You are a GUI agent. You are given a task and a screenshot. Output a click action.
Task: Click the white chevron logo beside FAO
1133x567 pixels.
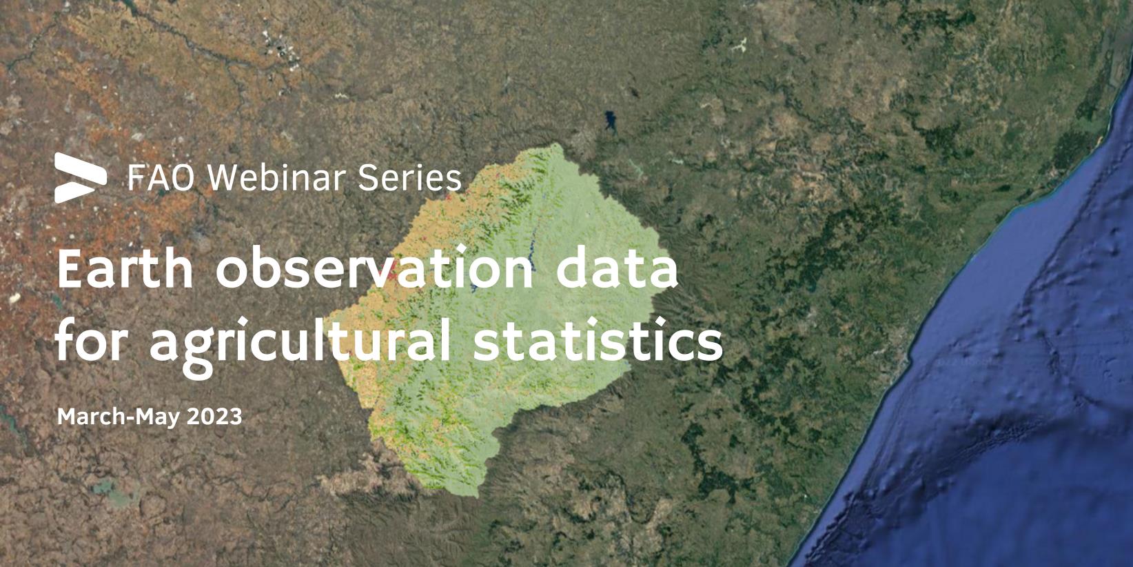(x=81, y=178)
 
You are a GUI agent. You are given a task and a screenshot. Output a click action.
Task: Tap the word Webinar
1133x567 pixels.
(x=277, y=178)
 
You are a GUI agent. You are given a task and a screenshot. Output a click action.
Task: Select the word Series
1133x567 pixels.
(x=409, y=178)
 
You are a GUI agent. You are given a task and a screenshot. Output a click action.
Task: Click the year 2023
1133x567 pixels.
(x=214, y=417)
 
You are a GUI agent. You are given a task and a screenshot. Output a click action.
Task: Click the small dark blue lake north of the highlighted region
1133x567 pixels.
(x=611, y=121)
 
